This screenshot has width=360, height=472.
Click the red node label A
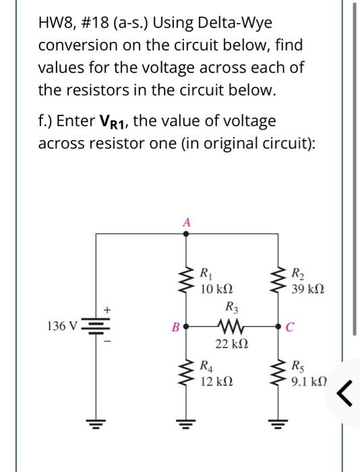[187, 222]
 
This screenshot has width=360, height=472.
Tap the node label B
[175, 329]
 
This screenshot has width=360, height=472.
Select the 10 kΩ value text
[216, 289]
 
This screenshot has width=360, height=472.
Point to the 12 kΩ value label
[216, 381]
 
